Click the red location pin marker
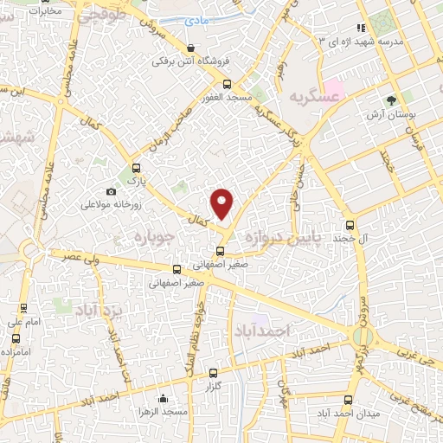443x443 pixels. pyautogui.click(x=222, y=204)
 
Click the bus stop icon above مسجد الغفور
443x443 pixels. pyautogui.click(x=227, y=85)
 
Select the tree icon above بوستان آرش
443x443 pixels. pyautogui.click(x=391, y=100)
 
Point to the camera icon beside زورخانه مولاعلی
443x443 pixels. pyautogui.click(x=111, y=191)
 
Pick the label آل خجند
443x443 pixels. pyautogui.click(x=376, y=236)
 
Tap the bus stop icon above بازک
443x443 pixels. pyautogui.click(x=134, y=168)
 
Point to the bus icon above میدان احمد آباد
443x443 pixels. pyautogui.click(x=349, y=400)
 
